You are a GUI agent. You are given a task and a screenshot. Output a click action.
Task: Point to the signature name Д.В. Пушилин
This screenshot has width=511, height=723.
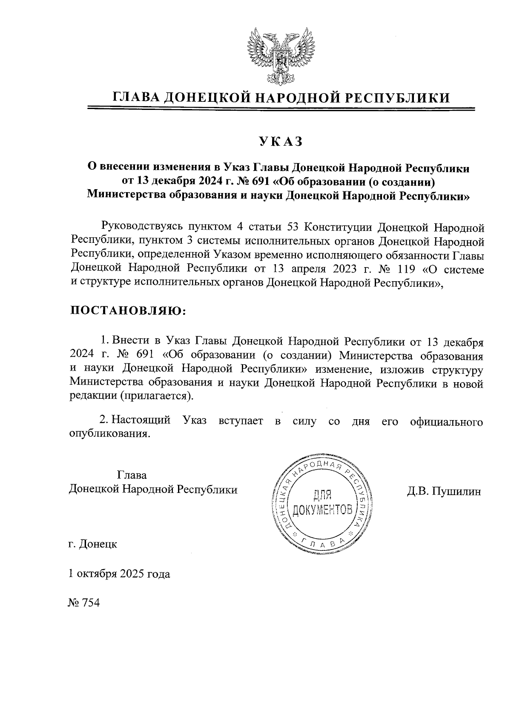(444, 492)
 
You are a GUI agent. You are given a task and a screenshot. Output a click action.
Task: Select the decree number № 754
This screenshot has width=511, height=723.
(83, 603)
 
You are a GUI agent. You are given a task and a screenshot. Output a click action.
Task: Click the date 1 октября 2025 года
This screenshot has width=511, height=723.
(120, 574)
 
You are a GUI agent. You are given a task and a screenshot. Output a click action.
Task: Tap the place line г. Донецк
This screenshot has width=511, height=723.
(93, 544)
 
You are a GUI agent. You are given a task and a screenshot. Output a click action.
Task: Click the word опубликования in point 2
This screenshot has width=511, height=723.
(110, 434)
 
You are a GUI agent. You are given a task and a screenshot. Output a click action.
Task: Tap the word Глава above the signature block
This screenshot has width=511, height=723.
(132, 475)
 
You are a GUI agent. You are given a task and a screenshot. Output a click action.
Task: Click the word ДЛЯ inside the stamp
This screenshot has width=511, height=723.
(322, 495)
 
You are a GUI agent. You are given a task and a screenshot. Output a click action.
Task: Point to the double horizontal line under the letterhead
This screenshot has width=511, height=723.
(281, 109)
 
